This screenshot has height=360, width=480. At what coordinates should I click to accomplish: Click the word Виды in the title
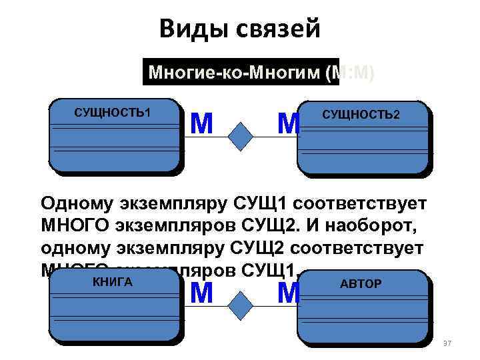click(x=189, y=29)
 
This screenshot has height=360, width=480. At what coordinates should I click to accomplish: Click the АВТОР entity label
click(x=361, y=284)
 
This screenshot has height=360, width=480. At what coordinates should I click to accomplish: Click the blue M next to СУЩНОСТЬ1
click(x=201, y=123)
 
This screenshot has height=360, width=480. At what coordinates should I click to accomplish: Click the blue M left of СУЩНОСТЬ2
click(x=289, y=123)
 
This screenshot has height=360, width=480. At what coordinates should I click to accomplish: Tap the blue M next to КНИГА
click(x=201, y=293)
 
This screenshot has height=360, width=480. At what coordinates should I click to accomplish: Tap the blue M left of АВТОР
click(x=289, y=293)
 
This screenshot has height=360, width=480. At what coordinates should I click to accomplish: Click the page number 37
click(x=447, y=343)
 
